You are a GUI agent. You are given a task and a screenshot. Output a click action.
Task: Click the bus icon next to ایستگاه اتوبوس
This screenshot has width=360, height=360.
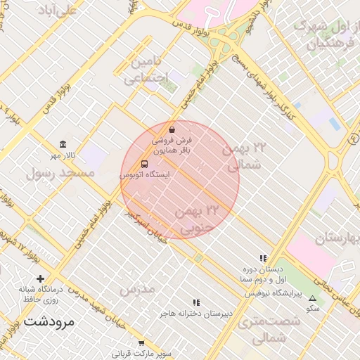pyautogui.click(x=144, y=164)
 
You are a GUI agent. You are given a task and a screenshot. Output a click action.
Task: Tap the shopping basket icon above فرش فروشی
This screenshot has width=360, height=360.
pyautogui.click(x=172, y=129)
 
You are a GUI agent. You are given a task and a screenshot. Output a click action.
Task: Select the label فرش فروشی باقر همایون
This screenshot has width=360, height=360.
pyautogui.click(x=172, y=146)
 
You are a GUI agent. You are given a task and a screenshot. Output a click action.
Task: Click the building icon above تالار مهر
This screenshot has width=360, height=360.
pyautogui.click(x=63, y=144)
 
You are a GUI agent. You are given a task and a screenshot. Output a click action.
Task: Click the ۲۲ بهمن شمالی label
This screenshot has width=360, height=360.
pyautogui.click(x=245, y=156)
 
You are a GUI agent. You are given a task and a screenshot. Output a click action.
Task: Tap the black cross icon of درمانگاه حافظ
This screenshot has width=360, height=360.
pyautogui.click(x=40, y=278)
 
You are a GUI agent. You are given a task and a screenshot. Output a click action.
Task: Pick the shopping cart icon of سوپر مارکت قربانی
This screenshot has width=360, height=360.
pyautogui.click(x=141, y=342)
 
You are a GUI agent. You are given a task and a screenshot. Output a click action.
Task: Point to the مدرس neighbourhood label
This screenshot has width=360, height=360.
pyautogui.click(x=136, y=289)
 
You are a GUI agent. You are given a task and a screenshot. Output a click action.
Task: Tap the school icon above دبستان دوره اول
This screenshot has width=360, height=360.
pyautogui.click(x=263, y=259)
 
